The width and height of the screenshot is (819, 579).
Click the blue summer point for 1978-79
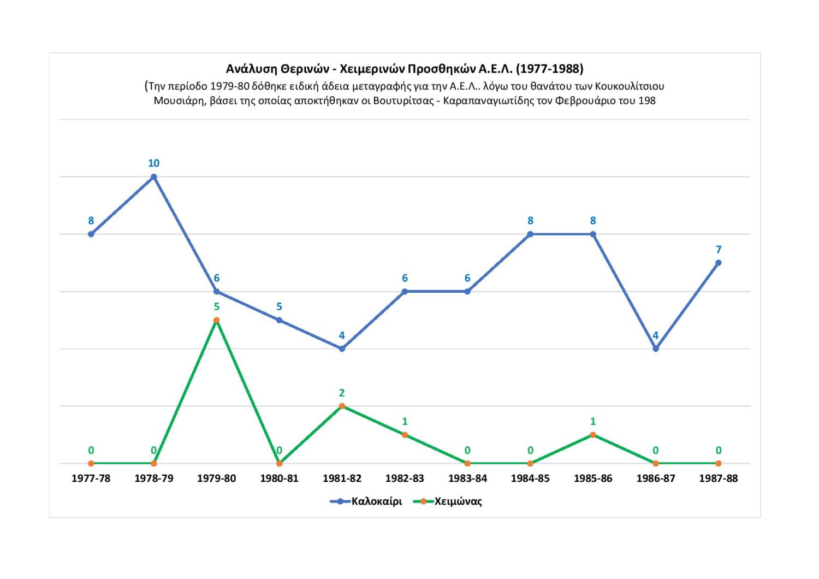point(154,177)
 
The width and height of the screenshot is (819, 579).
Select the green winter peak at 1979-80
point(217,320)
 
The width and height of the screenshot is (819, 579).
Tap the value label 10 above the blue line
point(154,163)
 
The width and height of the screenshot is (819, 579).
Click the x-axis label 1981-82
point(342,478)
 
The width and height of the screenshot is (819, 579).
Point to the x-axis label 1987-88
point(718,478)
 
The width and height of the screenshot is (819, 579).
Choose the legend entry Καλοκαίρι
point(376,501)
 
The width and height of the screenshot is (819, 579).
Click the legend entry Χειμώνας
point(458,501)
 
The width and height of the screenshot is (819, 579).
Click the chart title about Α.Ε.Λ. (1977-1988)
point(405,69)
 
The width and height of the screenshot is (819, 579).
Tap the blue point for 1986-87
point(656,348)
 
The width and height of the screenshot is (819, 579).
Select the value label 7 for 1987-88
point(719,250)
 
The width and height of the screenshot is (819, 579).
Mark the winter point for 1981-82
point(342,406)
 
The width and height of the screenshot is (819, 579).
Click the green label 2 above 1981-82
point(342,393)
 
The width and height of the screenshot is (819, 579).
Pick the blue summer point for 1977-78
point(91,234)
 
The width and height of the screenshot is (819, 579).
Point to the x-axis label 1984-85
point(530,478)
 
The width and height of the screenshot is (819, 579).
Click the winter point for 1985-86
point(593,435)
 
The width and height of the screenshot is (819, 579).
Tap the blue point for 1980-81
point(279,320)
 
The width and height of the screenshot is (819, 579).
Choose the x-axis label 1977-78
point(91,478)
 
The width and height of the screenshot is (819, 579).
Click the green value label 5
point(217,307)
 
